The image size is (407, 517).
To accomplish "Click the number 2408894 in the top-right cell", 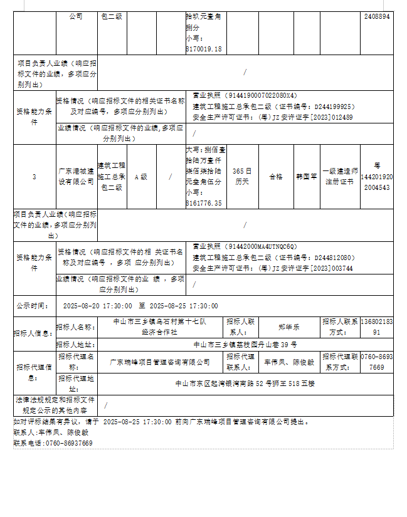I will [x=377, y=17].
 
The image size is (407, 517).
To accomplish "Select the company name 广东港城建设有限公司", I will [x=76, y=177].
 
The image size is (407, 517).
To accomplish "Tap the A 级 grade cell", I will [x=142, y=177].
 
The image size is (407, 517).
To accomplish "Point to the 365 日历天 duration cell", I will [x=242, y=176].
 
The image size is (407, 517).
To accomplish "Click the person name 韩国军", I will [x=306, y=177].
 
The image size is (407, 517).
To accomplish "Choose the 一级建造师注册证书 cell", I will [x=341, y=176].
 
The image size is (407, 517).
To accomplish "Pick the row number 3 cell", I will [x=34, y=177].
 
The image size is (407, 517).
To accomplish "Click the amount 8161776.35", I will [x=204, y=203].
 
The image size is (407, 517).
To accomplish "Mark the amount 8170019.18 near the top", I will [x=204, y=48].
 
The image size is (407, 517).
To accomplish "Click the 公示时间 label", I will [x=33, y=306].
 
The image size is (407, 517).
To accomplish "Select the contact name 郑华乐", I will [x=289, y=326].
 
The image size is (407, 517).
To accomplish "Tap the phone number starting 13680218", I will [x=376, y=326].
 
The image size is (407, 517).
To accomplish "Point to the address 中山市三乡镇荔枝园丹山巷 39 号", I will [x=245, y=345].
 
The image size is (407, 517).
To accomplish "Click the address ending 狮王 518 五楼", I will [x=245, y=383].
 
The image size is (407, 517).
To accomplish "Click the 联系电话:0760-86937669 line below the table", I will [x=53, y=443].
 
